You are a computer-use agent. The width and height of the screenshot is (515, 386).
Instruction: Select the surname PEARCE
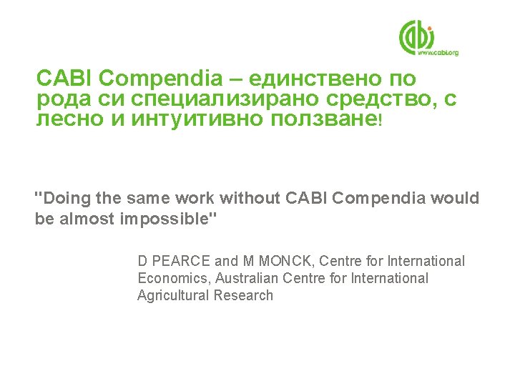177,262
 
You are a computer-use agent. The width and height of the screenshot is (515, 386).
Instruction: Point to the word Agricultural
172,296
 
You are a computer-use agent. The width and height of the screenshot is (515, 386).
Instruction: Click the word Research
243,296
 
